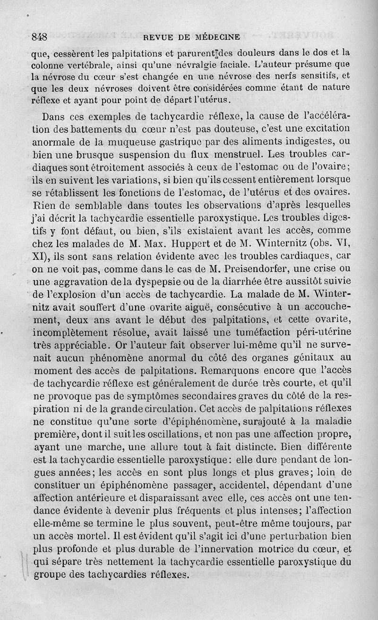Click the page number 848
[x=39, y=36]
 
